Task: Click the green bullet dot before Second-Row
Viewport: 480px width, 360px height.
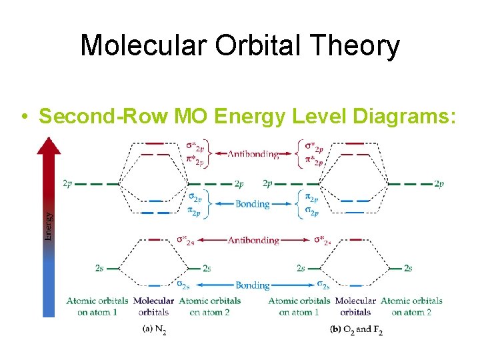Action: tap(24, 117)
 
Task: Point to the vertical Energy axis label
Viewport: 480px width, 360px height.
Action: tap(48, 225)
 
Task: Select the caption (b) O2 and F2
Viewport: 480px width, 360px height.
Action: tap(357, 329)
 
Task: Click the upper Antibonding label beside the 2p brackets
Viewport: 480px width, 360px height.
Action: tap(253, 154)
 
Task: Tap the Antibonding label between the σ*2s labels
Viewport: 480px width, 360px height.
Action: tap(253, 240)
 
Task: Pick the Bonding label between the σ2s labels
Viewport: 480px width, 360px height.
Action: tap(253, 285)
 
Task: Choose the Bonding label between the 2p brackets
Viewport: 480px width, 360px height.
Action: tap(253, 204)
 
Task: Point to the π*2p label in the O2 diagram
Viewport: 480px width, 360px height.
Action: tap(314, 161)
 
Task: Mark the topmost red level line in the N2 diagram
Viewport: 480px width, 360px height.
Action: tap(154, 143)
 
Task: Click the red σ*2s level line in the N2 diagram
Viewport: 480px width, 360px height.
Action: tap(154, 239)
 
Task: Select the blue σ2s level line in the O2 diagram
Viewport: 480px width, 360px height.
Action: tap(356, 286)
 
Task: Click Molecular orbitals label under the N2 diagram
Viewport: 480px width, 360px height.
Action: tap(154, 306)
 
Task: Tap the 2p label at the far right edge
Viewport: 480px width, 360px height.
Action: tap(439, 183)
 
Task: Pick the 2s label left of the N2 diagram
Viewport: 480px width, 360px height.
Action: tap(99, 268)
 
